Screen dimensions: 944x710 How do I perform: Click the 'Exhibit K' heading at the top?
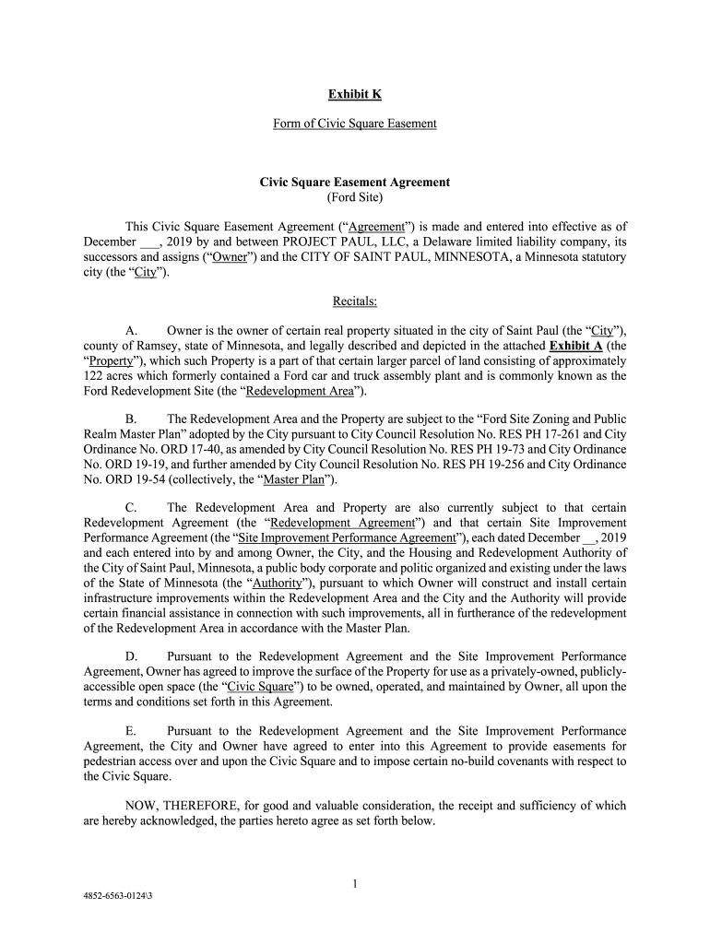(355, 94)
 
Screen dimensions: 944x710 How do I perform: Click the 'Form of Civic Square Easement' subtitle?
(355, 124)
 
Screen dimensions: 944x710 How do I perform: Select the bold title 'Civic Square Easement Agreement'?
(355, 183)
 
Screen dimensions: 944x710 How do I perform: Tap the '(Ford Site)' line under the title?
(355, 197)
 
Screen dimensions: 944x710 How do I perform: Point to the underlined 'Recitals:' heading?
(355, 301)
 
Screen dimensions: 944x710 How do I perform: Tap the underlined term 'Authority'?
(282, 583)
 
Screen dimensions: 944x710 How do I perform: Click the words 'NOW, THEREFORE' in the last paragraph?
(173, 806)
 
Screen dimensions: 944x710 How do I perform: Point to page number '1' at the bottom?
(355, 884)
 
